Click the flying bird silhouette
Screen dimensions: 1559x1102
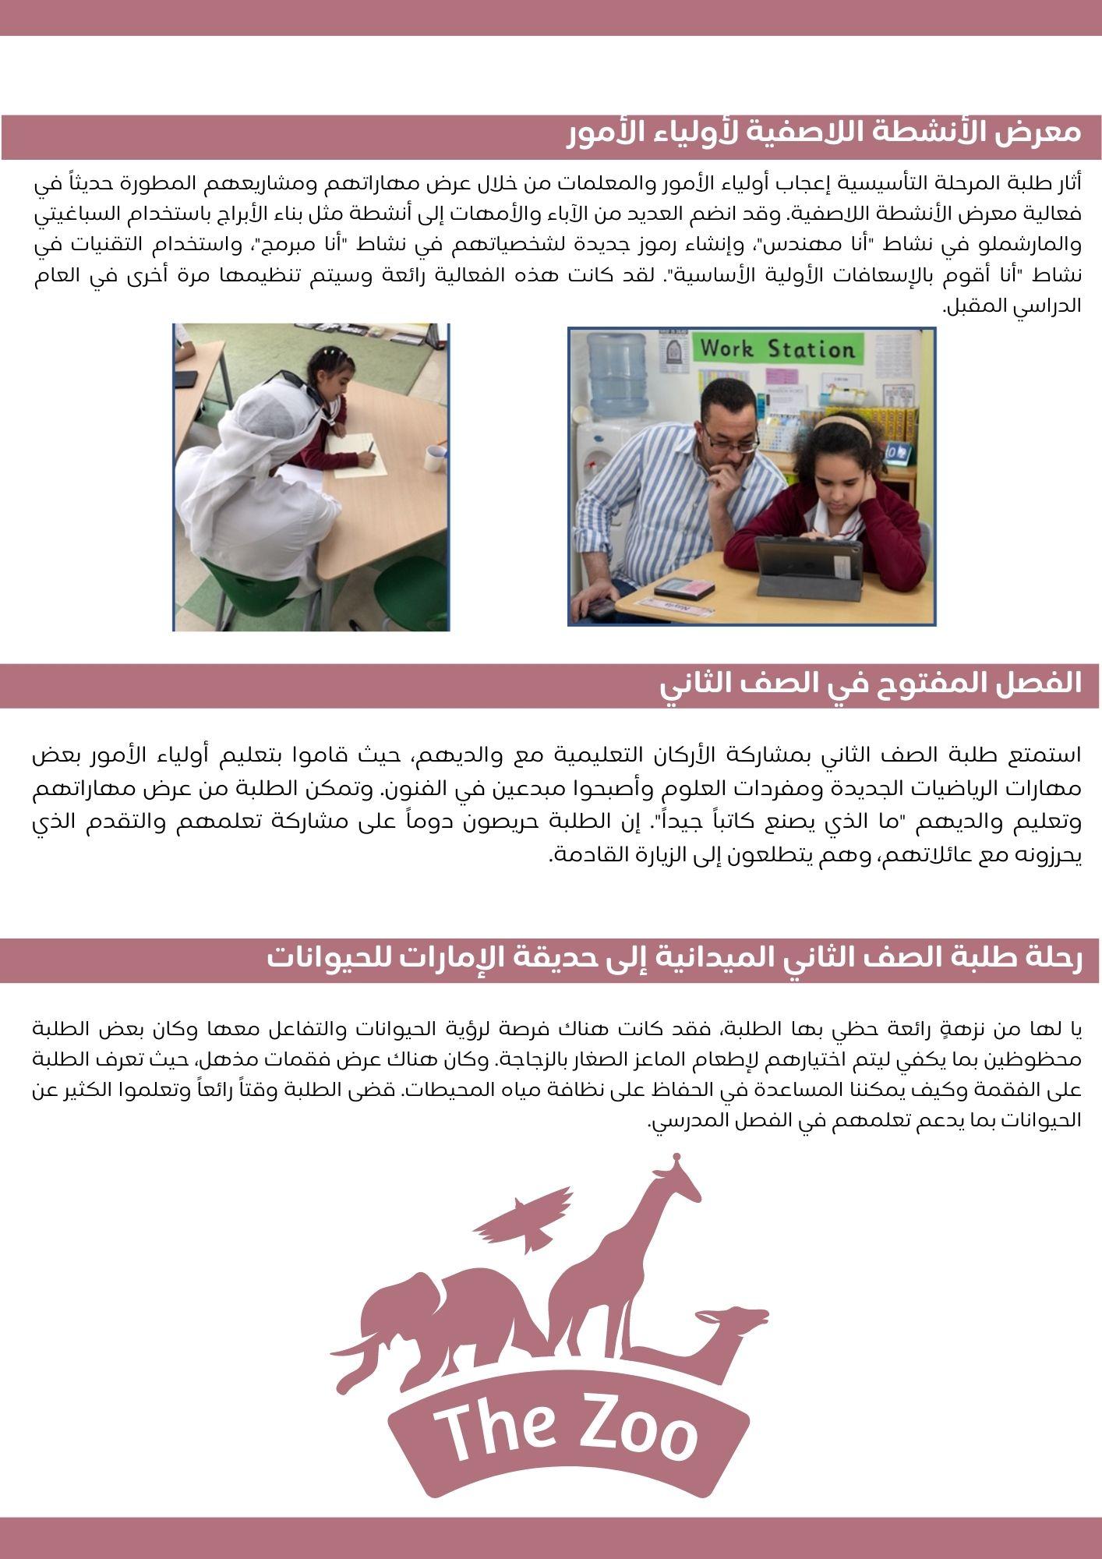coord(525,1217)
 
